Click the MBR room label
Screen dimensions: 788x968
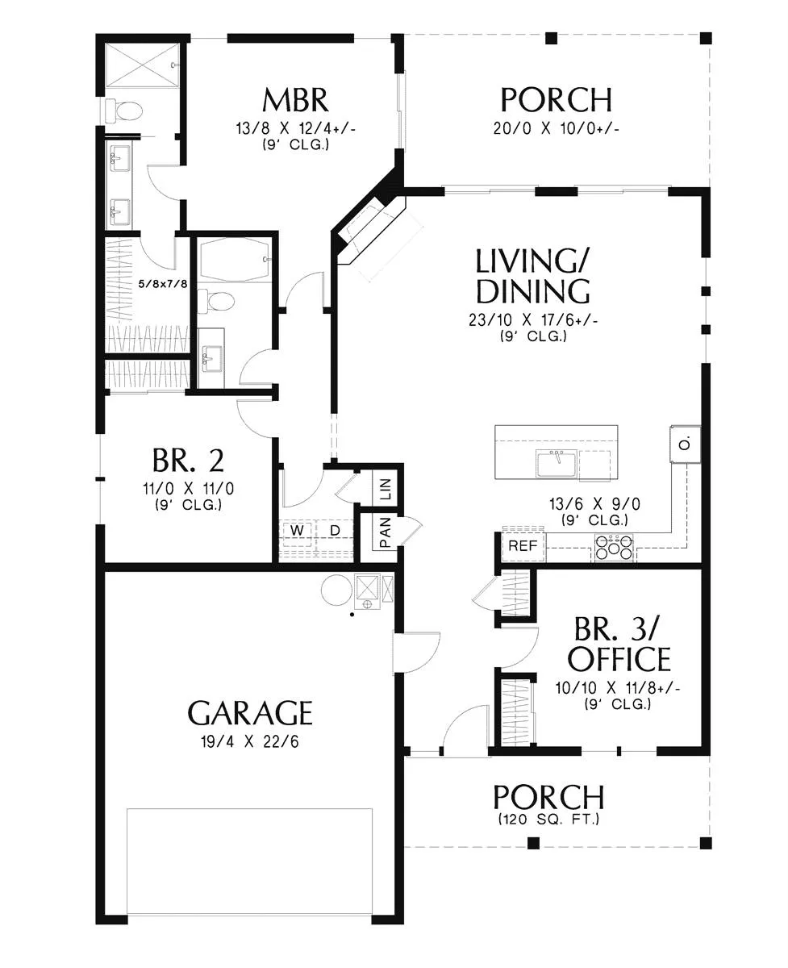(295, 100)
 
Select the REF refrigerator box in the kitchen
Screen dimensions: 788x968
(523, 545)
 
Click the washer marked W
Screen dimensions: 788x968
(297, 530)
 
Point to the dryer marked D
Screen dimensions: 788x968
(335, 530)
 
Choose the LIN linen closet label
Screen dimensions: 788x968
(385, 489)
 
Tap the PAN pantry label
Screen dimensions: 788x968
(385, 532)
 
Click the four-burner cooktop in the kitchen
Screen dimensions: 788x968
(614, 547)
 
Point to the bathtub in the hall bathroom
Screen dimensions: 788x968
(235, 260)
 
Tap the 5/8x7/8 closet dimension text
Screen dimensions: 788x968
(163, 284)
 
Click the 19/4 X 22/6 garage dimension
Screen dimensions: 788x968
(250, 742)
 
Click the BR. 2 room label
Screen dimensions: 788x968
(188, 461)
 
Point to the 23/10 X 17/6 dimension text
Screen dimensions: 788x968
(533, 320)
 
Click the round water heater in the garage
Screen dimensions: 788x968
(337, 590)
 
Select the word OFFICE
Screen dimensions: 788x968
(619, 659)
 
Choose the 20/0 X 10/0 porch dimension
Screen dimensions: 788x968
(557, 129)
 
